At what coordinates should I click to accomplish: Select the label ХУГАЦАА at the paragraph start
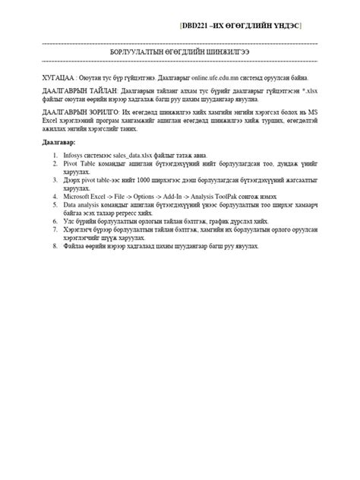click(58, 77)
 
